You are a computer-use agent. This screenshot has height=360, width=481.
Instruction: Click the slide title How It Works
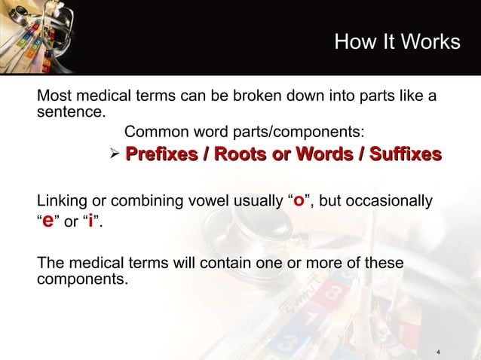(397, 42)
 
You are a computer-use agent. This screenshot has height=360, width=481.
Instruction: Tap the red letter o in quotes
(300, 201)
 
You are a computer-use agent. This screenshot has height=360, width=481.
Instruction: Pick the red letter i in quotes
(90, 222)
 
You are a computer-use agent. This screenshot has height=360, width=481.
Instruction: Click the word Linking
(63, 202)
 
